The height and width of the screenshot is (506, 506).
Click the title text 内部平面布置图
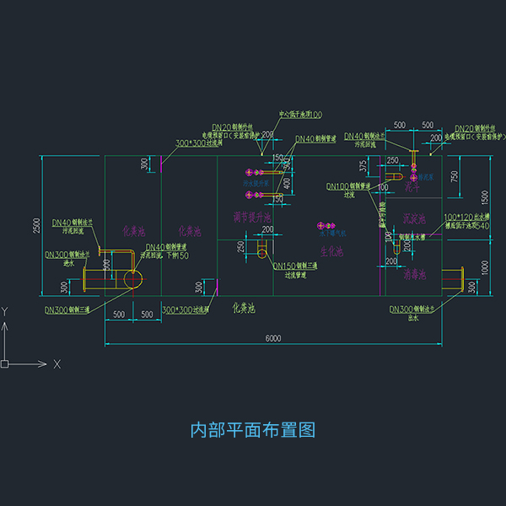[x=253, y=430]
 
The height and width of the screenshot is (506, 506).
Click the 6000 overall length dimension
[x=272, y=338]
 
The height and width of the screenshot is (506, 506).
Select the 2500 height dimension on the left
[x=36, y=227]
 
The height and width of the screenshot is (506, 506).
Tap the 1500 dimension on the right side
[x=485, y=196]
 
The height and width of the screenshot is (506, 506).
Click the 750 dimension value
[x=455, y=175]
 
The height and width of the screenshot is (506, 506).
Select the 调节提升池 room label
[x=252, y=218]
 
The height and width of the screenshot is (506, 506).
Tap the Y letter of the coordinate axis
[x=6, y=311]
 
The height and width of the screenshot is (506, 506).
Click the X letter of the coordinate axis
[x=57, y=364]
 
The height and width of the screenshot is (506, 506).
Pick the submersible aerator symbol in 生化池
[x=326, y=225]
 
